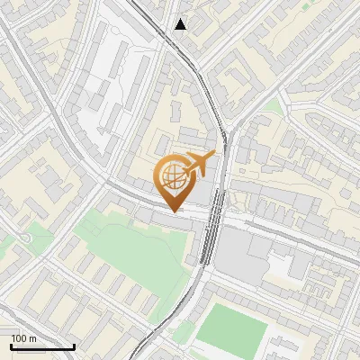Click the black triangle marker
coord(181,24)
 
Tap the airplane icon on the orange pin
coord(199,163)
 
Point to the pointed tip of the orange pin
coord(173,211)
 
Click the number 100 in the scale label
coord(19,337)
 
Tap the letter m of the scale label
coord(33,337)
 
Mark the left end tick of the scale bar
coord(11,345)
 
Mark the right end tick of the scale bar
coord(74,345)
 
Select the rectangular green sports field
coord(231,327)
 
